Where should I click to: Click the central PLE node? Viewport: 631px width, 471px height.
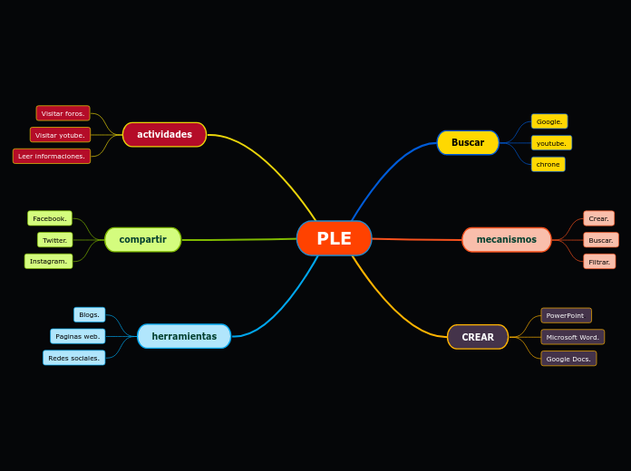point(334,238)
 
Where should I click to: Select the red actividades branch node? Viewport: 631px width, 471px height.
point(164,135)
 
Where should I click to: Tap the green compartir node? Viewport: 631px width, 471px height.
point(142,240)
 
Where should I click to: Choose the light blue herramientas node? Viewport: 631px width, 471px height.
point(184,336)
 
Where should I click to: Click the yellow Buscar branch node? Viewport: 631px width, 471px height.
point(468,142)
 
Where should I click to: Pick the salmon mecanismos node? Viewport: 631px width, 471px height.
point(506,240)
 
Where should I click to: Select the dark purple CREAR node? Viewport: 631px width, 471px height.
point(478,337)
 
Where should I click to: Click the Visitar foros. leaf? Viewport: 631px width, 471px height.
point(63,113)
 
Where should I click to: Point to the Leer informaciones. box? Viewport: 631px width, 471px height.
point(52,156)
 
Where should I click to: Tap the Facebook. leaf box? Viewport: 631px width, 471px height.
point(50,218)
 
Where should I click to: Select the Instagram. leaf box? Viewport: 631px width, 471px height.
point(48,261)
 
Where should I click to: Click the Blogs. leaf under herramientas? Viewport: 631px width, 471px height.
point(89,314)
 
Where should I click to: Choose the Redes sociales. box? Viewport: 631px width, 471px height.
point(73,358)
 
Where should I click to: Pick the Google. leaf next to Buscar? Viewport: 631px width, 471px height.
point(549,121)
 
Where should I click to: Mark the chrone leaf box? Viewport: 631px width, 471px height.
point(548,164)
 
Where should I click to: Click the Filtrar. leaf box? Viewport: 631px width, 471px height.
point(599,262)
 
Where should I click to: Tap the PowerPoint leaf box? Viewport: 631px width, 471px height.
point(566,315)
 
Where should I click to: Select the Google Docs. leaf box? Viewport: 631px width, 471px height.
point(568,359)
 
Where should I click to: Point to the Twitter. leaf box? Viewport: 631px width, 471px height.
point(54,240)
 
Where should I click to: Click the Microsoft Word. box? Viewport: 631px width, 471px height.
point(572,337)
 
